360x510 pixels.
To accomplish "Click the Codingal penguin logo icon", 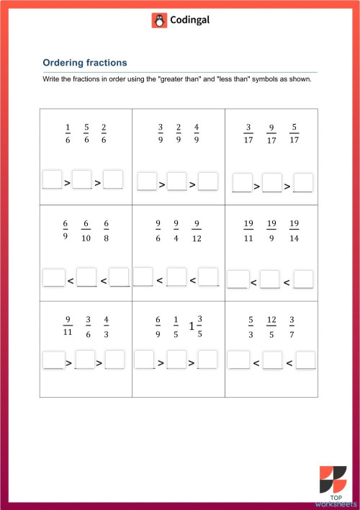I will (x=159, y=21).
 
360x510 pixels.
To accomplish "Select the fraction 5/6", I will (x=86, y=134).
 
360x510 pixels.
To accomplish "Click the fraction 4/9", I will (x=197, y=134).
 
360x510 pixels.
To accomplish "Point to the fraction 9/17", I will (x=271, y=134).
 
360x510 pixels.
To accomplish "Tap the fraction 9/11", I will (x=68, y=326).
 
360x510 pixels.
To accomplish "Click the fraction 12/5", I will (x=271, y=326).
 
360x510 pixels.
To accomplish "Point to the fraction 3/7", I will (x=292, y=326).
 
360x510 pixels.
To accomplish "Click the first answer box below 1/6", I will (x=52, y=180).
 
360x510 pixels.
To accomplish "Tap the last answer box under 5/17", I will (x=303, y=184).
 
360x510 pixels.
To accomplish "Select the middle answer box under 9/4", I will (x=176, y=277).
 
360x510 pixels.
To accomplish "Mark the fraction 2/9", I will (x=179, y=134).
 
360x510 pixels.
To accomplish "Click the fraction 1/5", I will (x=176, y=326).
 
